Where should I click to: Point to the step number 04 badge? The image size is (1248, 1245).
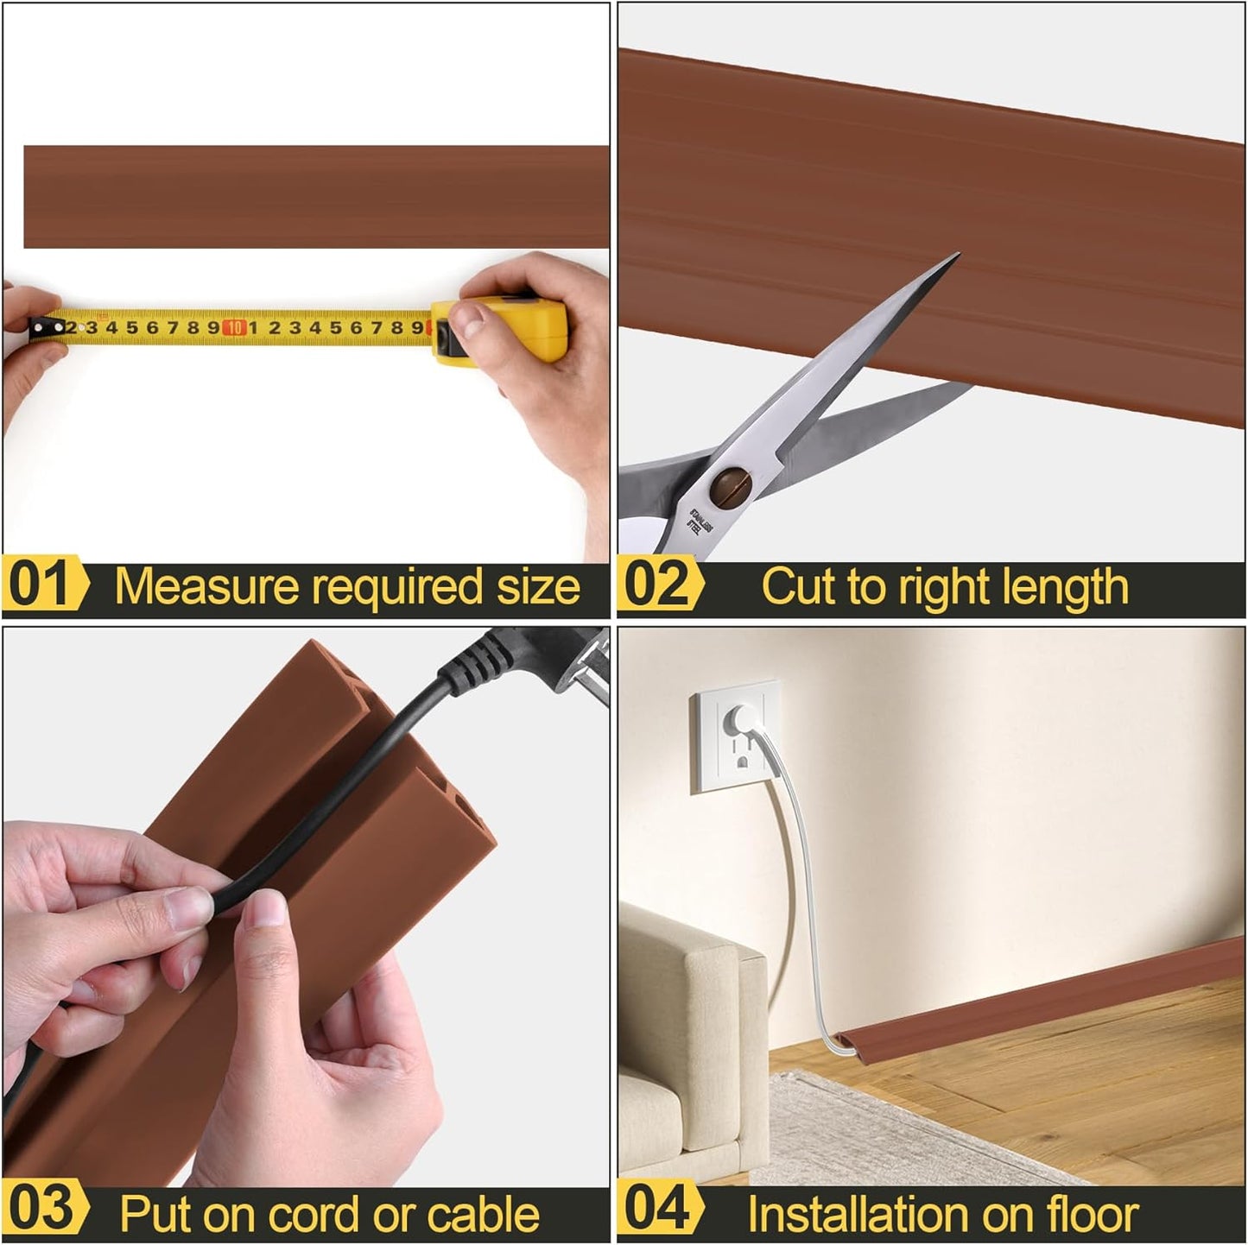(658, 1211)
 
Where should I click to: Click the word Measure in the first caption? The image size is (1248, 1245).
(207, 588)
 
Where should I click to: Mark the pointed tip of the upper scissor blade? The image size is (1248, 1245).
(956, 256)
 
